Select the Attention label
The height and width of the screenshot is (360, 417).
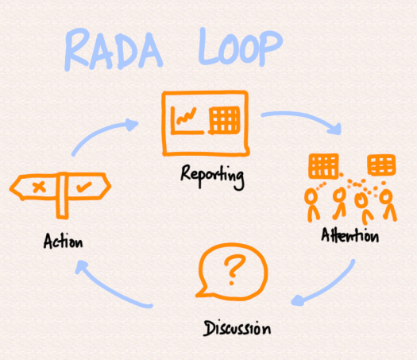pos(349,236)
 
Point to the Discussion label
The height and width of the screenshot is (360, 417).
pos(236,327)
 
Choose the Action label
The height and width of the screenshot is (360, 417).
pos(64,241)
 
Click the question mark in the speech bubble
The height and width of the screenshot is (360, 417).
pos(231,271)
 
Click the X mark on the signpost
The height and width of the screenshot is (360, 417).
pos(37,188)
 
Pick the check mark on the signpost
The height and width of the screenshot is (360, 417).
pos(84,188)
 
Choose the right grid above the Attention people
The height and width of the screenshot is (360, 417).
pos(380,165)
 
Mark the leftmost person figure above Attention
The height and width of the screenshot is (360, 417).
pos(312,203)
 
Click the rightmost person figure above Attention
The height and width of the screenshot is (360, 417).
pos(387,204)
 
